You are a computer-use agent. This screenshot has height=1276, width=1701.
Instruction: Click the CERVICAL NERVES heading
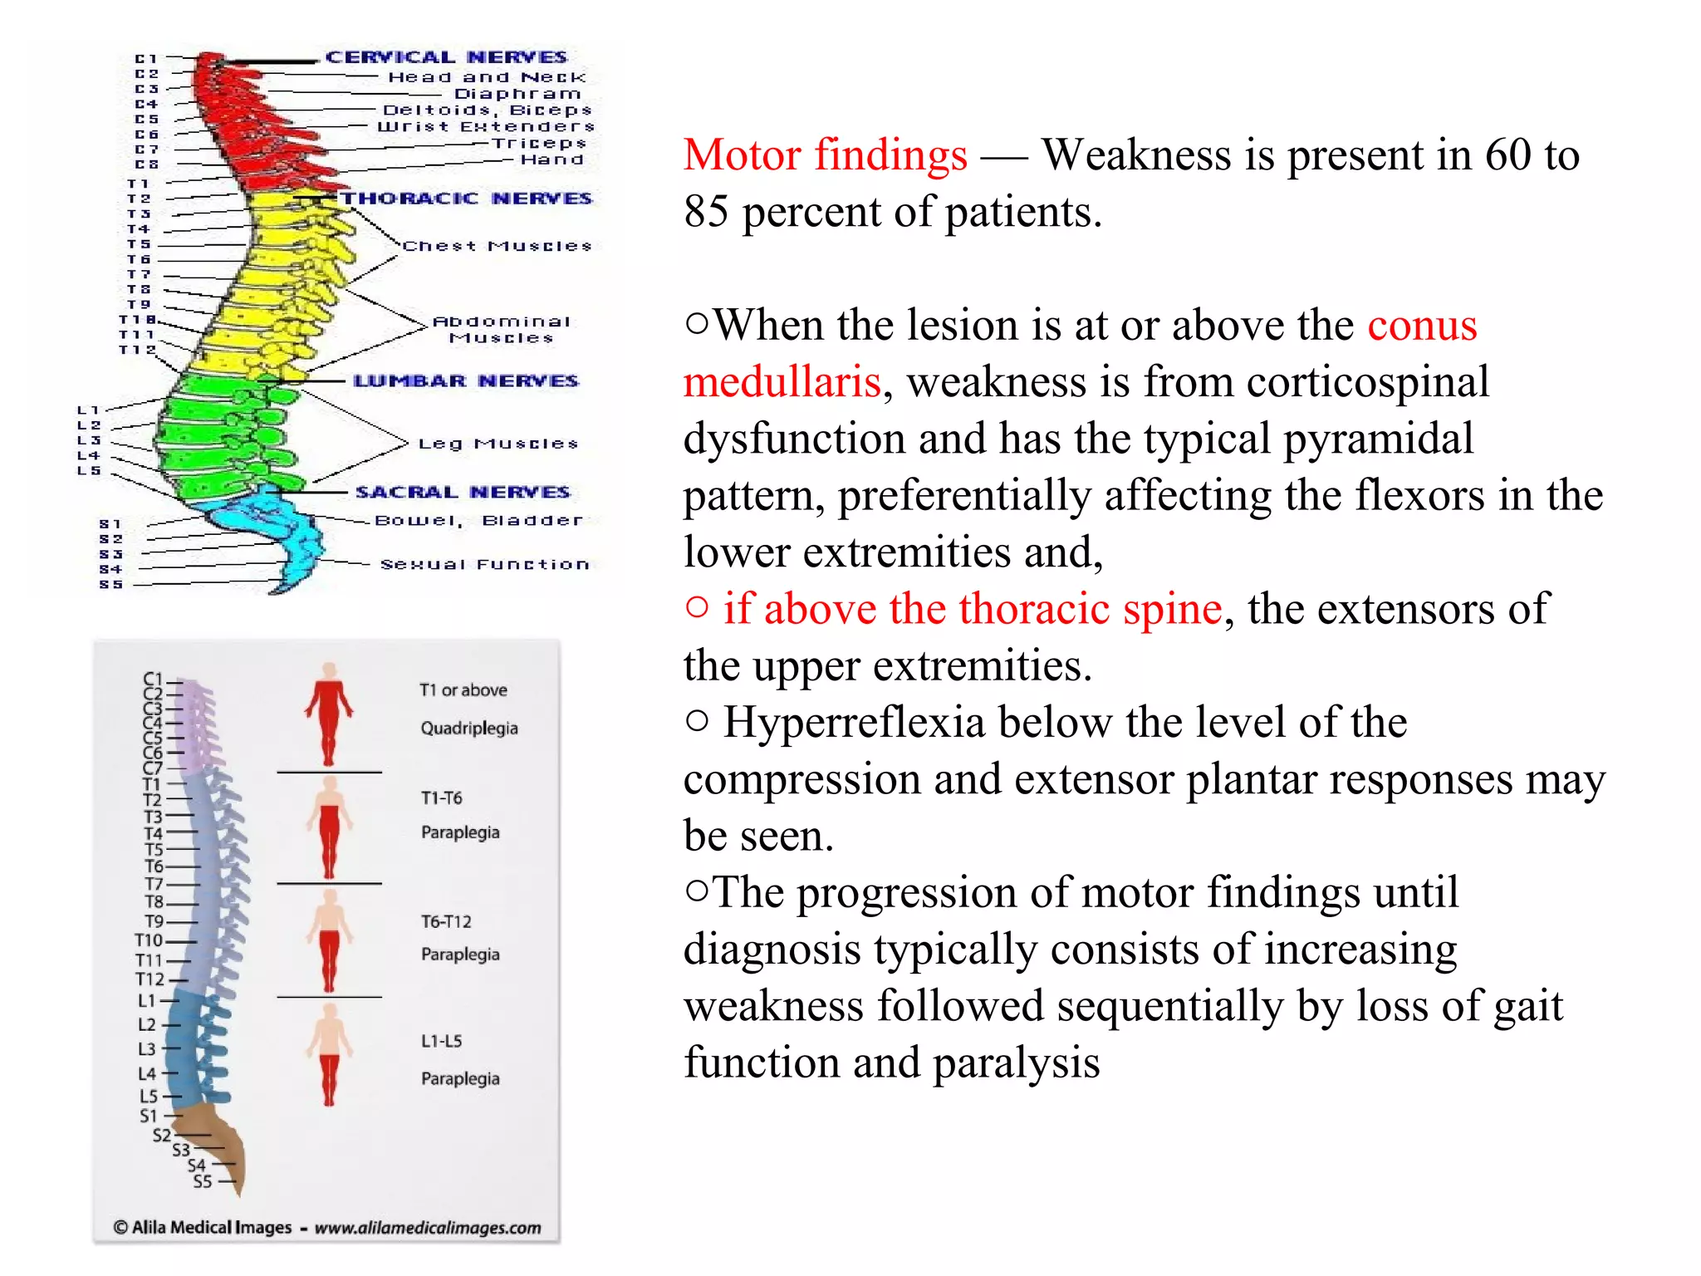pos(446,57)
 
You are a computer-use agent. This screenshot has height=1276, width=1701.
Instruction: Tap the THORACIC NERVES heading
pos(467,199)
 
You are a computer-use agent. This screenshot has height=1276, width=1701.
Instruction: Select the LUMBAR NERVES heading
pos(465,381)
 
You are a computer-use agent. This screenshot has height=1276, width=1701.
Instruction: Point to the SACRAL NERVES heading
pos(463,493)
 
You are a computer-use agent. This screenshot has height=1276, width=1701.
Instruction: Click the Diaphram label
pos(517,94)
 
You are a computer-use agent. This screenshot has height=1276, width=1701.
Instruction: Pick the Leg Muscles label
pos(498,444)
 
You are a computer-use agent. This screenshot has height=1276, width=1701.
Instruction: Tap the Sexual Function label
pos(484,565)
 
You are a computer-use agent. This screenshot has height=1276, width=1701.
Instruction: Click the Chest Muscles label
pos(497,247)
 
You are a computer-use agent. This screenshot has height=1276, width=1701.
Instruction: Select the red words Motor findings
pos(825,155)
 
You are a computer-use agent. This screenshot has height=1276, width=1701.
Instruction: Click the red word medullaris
pos(781,382)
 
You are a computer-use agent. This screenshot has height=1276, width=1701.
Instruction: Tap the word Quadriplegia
pos(468,729)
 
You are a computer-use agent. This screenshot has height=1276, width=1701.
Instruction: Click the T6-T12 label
pos(446,922)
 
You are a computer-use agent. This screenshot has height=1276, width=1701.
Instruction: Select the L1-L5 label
pos(441,1042)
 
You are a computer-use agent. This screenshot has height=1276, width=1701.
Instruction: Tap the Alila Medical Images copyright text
pos(326,1228)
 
